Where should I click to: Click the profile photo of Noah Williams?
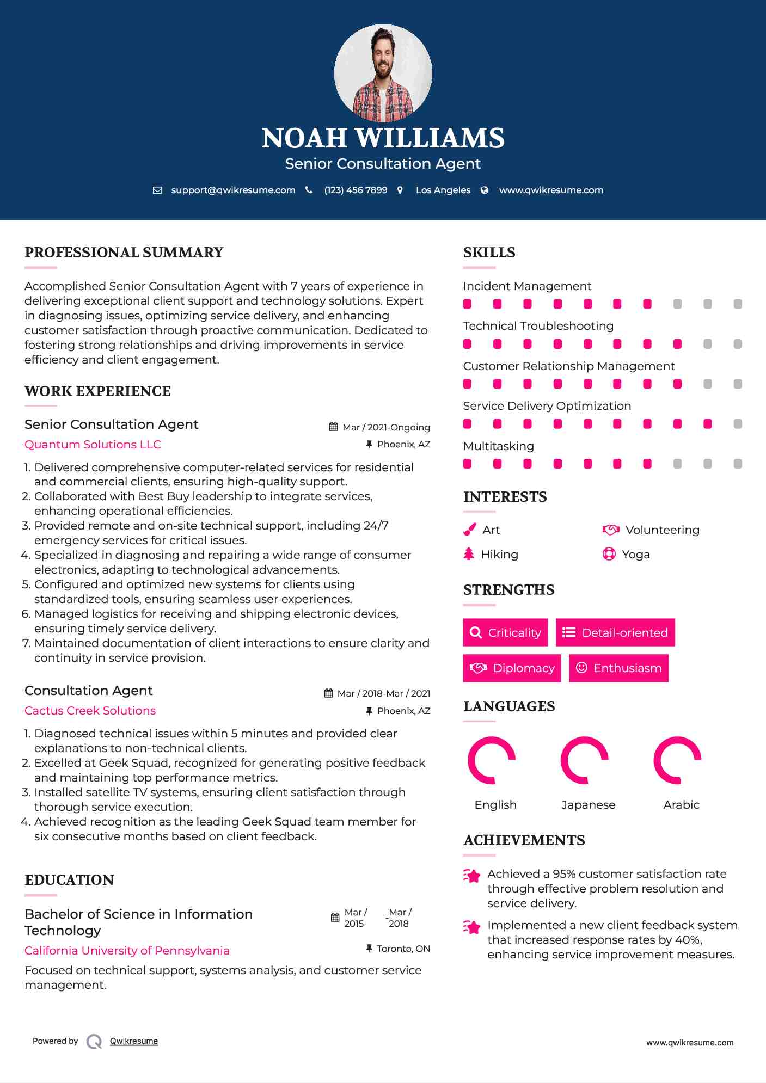coord(383,73)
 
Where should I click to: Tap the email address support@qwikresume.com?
coord(233,190)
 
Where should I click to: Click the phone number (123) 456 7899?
coord(356,190)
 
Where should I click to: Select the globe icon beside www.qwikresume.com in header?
coord(485,190)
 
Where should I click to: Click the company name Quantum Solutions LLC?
coord(93,445)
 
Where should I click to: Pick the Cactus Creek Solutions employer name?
coord(90,711)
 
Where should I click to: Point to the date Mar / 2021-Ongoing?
coord(386,427)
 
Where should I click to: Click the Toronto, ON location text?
coord(403,949)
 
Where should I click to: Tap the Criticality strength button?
coord(505,632)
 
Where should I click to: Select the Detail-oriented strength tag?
coord(615,632)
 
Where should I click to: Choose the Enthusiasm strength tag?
coord(618,668)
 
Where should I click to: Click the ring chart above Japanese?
coord(584,760)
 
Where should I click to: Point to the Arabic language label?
coord(681,805)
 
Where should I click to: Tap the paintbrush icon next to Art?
coord(469,530)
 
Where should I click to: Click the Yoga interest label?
coord(635,555)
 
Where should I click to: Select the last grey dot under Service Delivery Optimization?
coord(738,424)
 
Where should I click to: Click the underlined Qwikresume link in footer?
coord(134,1041)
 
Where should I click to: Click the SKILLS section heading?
coord(489,253)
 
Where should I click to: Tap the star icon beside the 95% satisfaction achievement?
coord(472,876)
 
